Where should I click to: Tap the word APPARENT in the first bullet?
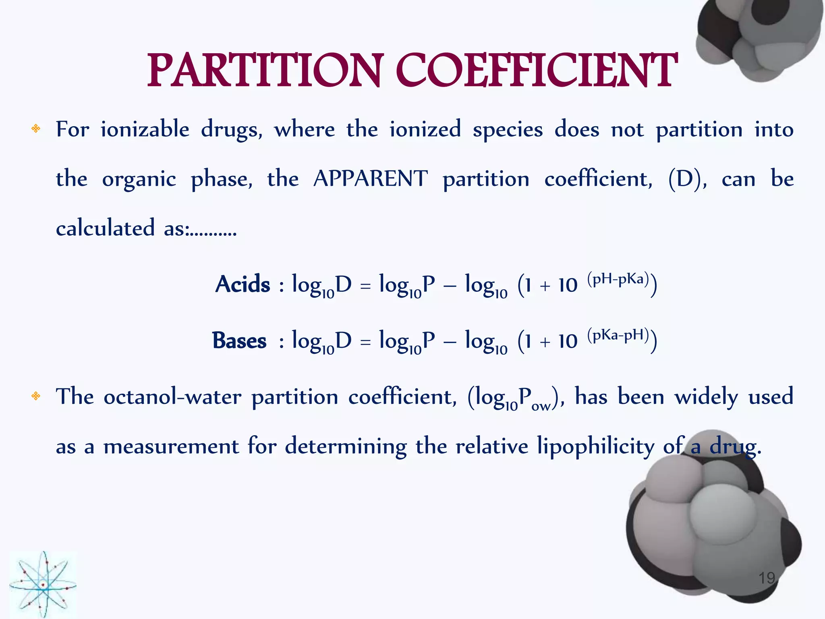[370, 179]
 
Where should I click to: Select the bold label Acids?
[243, 284]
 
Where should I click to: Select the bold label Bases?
[239, 341]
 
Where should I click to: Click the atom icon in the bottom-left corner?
[43, 584]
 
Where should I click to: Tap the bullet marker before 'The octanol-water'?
[36, 396]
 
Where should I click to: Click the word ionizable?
[145, 130]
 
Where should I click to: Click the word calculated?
[105, 228]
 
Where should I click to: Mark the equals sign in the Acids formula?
[365, 286]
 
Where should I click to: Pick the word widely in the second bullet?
[706, 397]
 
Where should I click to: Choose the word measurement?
[171, 447]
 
